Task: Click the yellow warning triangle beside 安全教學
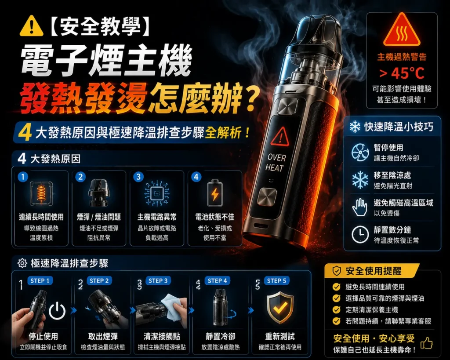(32, 26)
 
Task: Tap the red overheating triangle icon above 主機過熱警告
(402, 30)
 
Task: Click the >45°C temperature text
(402, 73)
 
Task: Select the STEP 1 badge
(40, 281)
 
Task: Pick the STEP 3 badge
(158, 281)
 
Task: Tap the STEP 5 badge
(277, 281)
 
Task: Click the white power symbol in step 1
(57, 310)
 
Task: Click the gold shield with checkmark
(280, 307)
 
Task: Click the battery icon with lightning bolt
(214, 193)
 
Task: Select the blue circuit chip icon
(157, 193)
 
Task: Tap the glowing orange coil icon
(41, 193)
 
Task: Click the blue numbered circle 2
(81, 177)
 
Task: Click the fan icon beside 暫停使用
(360, 153)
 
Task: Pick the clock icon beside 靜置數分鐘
(360, 235)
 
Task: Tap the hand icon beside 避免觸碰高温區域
(359, 207)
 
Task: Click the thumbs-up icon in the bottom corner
(426, 343)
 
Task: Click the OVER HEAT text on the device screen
(276, 163)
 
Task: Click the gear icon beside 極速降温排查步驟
(22, 263)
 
